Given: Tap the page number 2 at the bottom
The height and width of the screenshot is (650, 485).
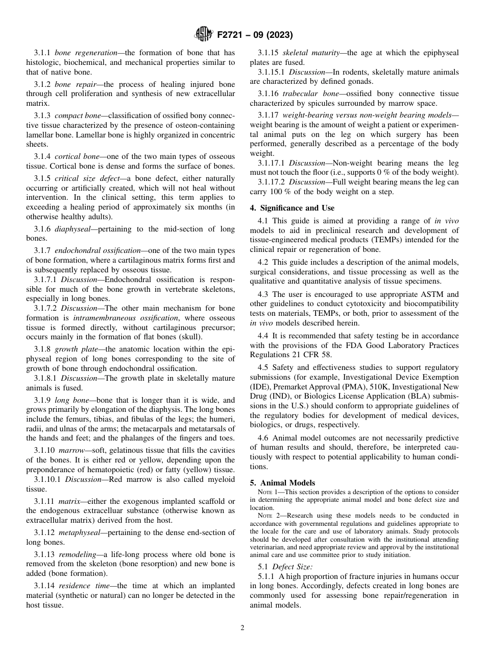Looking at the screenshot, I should tap(243, 628).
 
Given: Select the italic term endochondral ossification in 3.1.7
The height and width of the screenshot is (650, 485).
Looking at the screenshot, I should tap(97, 250).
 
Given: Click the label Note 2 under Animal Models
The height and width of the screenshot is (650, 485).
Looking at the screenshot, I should tap(269, 516).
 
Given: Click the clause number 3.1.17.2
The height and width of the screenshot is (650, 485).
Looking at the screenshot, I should tap(272, 182).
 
